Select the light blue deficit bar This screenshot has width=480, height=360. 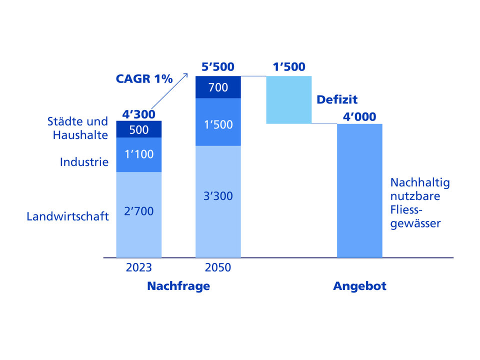pos(289,99)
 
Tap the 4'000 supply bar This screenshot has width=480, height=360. pos(359,190)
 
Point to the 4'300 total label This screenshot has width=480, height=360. pos(138,114)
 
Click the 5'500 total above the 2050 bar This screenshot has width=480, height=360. pos(218,67)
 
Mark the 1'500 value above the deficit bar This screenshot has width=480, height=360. pos(289,67)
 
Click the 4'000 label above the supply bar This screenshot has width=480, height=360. pos(359,117)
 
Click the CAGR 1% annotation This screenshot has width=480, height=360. pos(144,79)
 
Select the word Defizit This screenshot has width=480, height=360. pos(337,99)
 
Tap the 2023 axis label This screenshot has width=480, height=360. pos(139,267)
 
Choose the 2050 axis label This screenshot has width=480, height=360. pos(218,267)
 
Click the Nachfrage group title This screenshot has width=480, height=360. pos(178,286)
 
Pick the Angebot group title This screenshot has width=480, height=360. pos(359,286)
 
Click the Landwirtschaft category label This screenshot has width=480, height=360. pos(68,217)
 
